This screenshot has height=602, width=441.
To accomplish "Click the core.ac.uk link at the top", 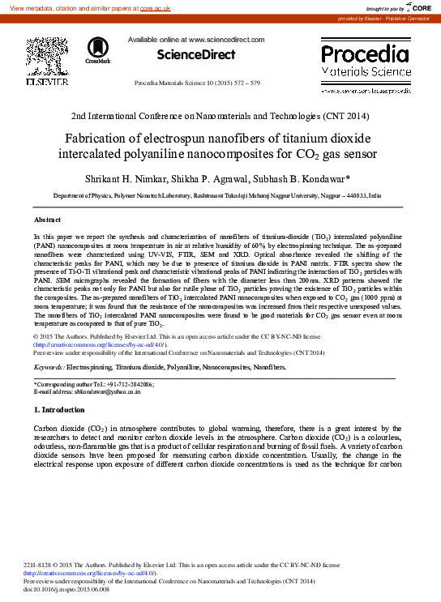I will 153,7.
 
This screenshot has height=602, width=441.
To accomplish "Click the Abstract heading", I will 46,220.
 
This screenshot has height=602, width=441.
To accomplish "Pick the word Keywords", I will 49,367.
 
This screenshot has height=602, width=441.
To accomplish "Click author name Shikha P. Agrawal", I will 218,177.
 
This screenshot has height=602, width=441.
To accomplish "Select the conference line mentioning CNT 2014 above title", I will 220,116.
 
